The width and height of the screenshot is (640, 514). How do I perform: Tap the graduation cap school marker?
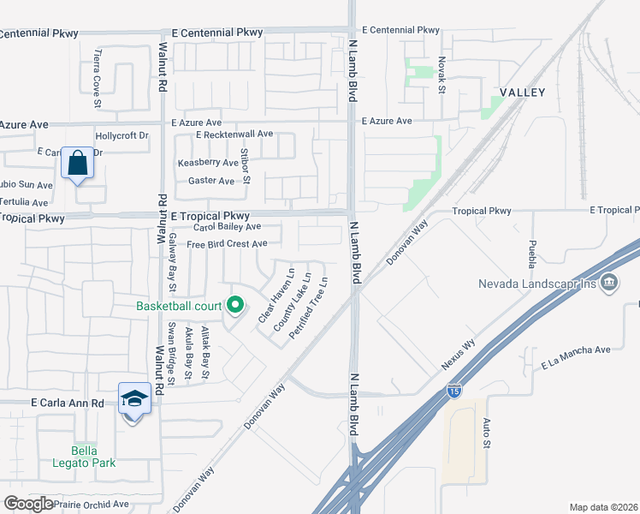134,399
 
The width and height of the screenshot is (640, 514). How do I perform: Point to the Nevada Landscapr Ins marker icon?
609,281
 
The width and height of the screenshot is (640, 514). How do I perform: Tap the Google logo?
28,504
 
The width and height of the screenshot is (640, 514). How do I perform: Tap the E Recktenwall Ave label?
234,134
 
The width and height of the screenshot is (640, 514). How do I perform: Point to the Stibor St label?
245,166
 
